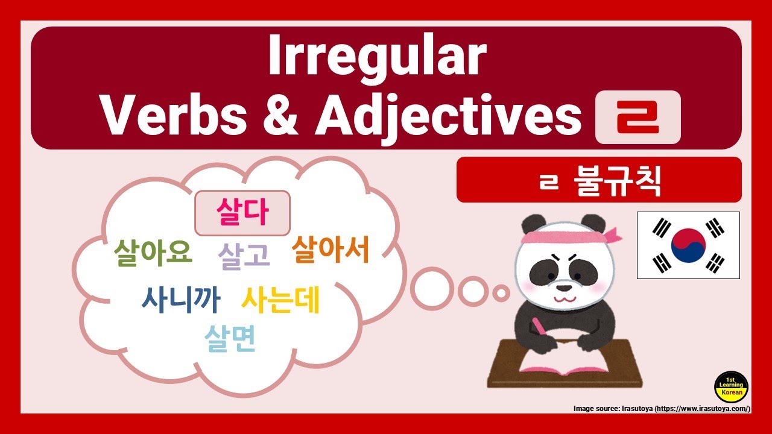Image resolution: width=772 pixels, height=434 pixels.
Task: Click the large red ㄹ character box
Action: [638, 118]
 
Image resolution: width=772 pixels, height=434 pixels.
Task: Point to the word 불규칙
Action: [616, 180]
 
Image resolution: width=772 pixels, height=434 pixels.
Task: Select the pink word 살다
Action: [242, 213]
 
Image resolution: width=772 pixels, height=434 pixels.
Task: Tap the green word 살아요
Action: [153, 253]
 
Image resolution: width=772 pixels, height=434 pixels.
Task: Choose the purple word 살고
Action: [244, 256]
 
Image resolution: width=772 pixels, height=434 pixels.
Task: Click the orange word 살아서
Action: [330, 250]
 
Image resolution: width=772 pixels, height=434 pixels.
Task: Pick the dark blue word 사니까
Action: [181, 299]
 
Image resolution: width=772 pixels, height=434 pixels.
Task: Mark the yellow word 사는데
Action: [280, 300]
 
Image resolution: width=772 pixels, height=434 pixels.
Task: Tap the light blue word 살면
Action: [230, 339]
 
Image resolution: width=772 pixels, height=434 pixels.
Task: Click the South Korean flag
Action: [688, 245]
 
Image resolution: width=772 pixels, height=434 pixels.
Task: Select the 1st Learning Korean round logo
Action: [731, 387]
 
